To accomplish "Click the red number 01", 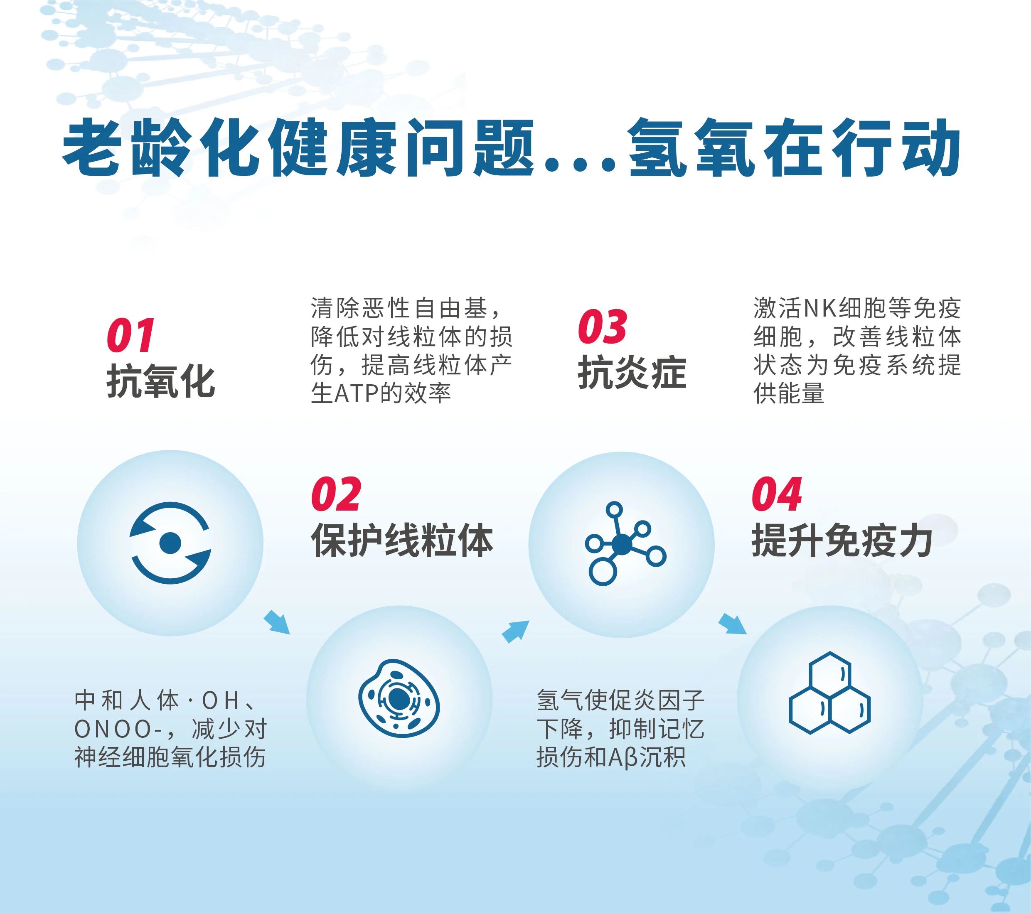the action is (x=130, y=335).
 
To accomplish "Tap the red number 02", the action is (x=336, y=494).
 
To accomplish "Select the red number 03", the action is (x=602, y=327).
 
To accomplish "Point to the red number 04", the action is (x=777, y=494).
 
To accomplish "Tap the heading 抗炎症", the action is (x=632, y=373).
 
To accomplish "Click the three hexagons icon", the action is (x=829, y=693).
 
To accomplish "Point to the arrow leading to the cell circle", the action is (x=277, y=622).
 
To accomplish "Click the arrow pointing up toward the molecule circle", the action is (x=515, y=631).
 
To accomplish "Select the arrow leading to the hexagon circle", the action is (x=732, y=624).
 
